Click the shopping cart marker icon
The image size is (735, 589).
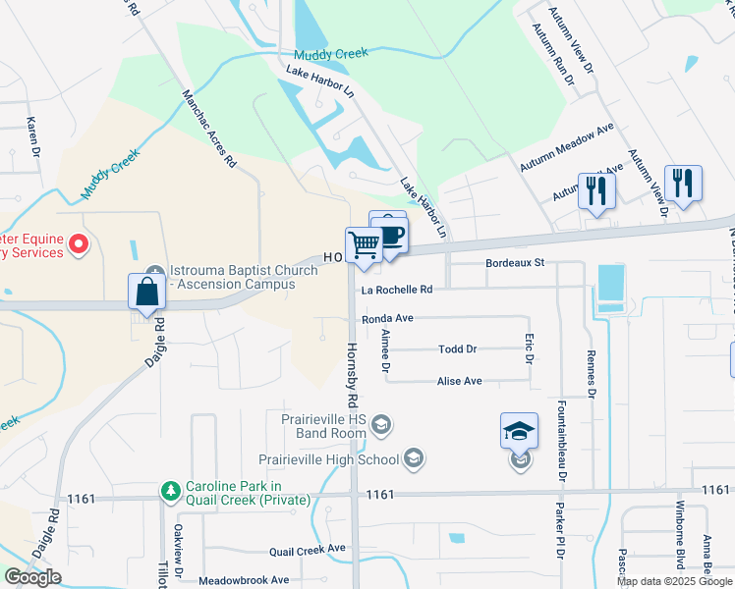pyautogui.click(x=364, y=244)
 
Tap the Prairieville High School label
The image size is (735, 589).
pyautogui.click(x=328, y=459)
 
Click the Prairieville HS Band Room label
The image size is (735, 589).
pyautogui.click(x=323, y=425)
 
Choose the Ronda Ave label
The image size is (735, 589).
pyautogui.click(x=387, y=319)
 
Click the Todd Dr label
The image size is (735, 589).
pyautogui.click(x=457, y=349)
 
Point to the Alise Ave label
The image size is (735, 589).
pyautogui.click(x=459, y=381)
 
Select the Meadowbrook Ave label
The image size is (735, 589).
pyautogui.click(x=244, y=580)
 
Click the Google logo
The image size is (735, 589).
pyautogui.click(x=32, y=577)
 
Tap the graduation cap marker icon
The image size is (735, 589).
pyautogui.click(x=519, y=431)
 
